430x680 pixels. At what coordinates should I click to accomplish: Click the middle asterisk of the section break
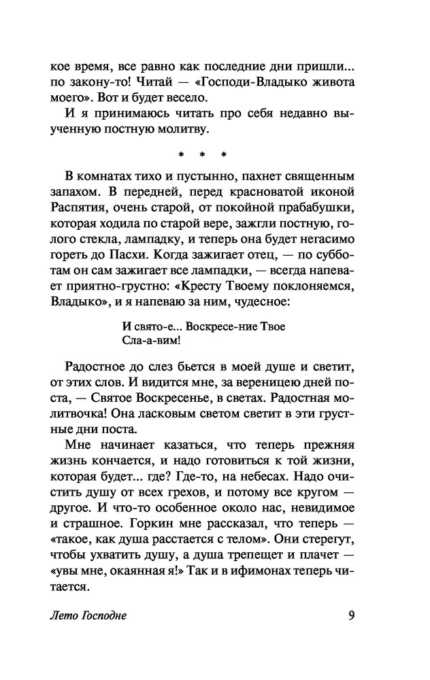click(x=205, y=162)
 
